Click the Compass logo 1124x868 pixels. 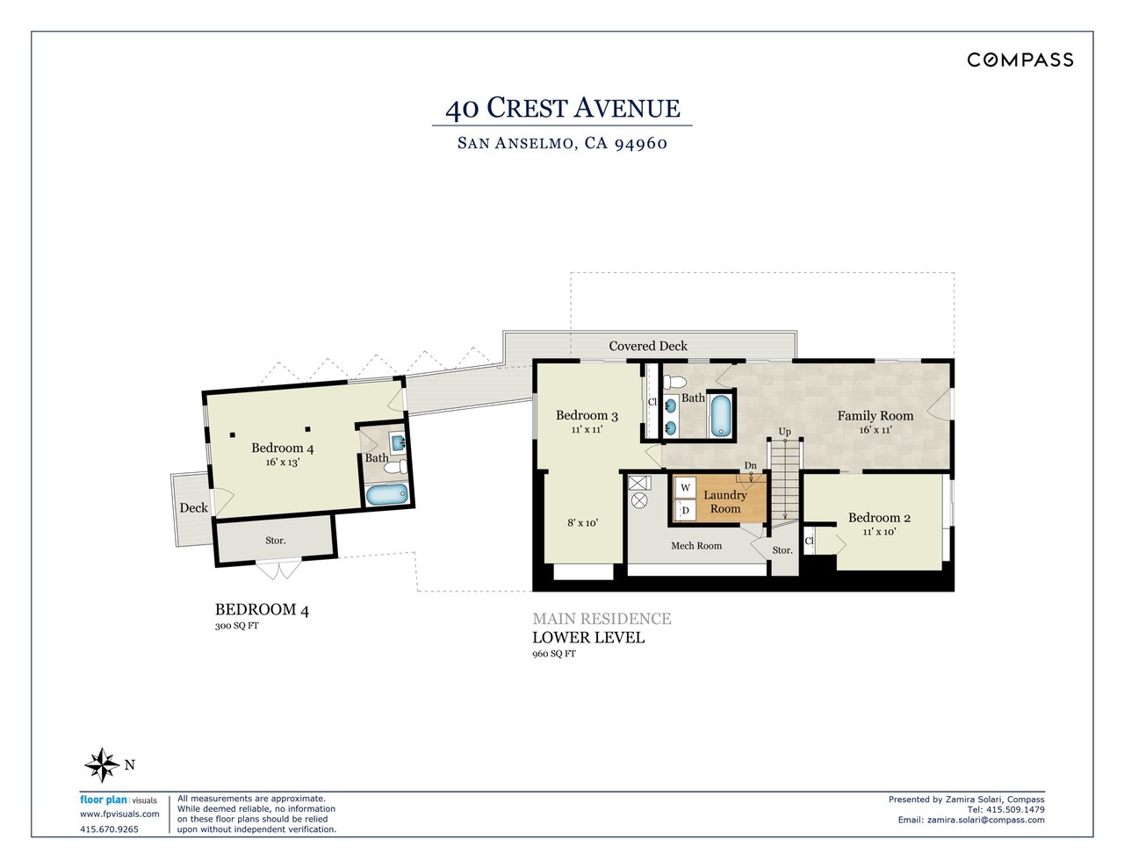pyautogui.click(x=1020, y=60)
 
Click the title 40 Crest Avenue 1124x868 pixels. pyautogui.click(x=562, y=108)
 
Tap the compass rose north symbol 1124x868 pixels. pyautogui.click(x=103, y=765)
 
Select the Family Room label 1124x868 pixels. pyautogui.click(x=875, y=416)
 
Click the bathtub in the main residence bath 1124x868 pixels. pyautogui.click(x=720, y=415)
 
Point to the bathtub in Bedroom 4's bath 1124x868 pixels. pyautogui.click(x=387, y=495)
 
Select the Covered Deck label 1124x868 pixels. pyautogui.click(x=648, y=346)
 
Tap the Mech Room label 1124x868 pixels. pyautogui.click(x=696, y=546)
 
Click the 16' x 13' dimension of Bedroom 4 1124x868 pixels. pyautogui.click(x=282, y=463)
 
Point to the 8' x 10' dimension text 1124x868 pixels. pyautogui.click(x=582, y=523)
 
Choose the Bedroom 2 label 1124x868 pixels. pyautogui.click(x=879, y=518)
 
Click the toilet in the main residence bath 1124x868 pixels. pyautogui.click(x=674, y=384)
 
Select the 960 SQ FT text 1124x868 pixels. pyautogui.click(x=554, y=654)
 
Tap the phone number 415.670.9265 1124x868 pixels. pyautogui.click(x=109, y=829)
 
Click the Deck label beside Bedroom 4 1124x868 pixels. pyautogui.click(x=194, y=507)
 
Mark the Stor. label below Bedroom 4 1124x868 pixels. pyautogui.click(x=276, y=541)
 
